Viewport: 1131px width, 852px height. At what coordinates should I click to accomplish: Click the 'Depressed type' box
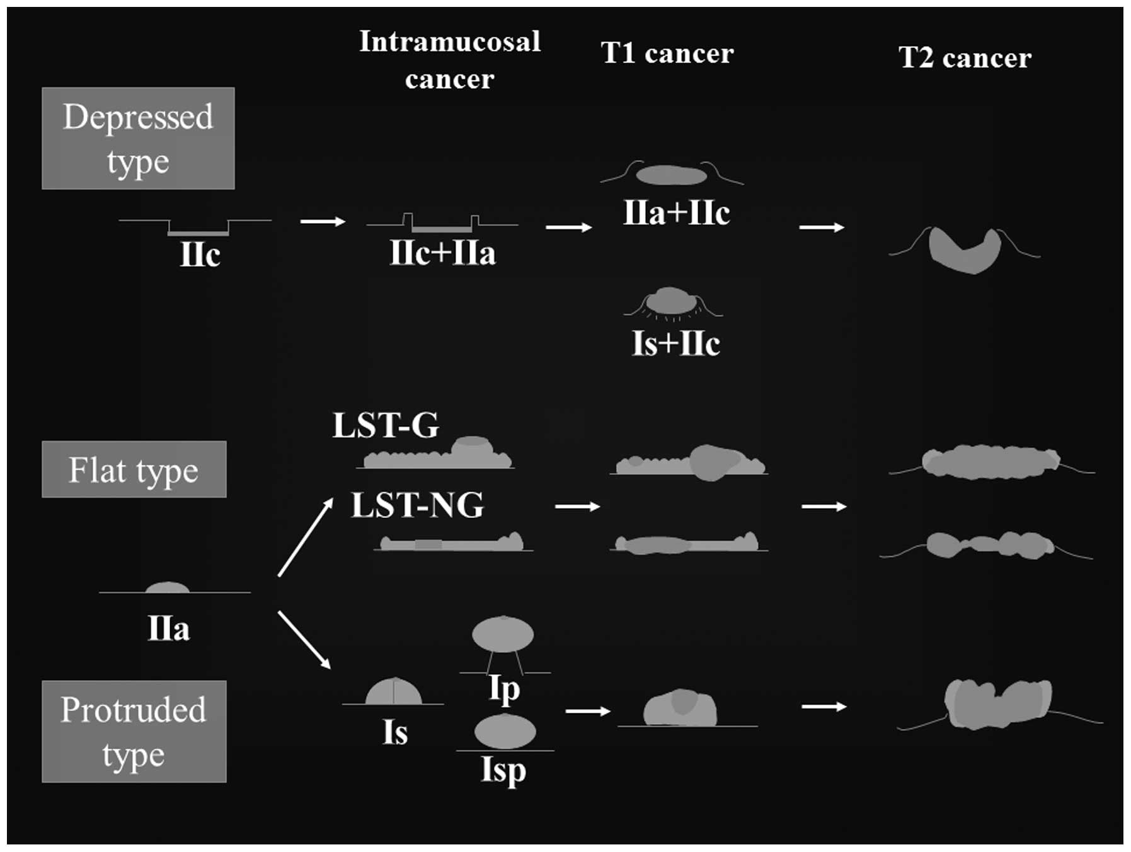(x=138, y=138)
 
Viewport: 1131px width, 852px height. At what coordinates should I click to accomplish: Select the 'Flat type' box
(x=134, y=469)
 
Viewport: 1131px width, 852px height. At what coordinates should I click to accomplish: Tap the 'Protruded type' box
(x=134, y=731)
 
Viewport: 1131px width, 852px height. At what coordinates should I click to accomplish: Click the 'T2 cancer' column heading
(x=965, y=58)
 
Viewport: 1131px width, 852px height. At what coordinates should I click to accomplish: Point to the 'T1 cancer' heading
(x=667, y=54)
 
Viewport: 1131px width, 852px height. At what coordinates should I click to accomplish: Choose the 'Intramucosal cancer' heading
(x=450, y=60)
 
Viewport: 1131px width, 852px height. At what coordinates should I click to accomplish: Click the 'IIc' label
(x=200, y=255)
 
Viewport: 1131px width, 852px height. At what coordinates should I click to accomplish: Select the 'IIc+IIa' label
(x=442, y=253)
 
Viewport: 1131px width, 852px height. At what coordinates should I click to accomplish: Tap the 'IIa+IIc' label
(x=676, y=213)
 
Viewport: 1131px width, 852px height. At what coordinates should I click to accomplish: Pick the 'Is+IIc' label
(x=675, y=344)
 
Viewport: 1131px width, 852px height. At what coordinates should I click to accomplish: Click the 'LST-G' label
(x=386, y=425)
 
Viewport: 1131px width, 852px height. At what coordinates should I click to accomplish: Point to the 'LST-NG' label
(x=417, y=505)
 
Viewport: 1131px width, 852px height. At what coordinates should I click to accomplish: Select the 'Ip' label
(x=504, y=689)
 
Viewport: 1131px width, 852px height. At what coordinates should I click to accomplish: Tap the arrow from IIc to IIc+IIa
(x=323, y=221)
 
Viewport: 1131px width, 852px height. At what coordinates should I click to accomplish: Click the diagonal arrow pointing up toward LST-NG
(x=306, y=536)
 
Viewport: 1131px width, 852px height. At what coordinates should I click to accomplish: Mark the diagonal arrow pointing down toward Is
(x=304, y=639)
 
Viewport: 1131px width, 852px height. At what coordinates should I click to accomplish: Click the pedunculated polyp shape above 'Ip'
(x=503, y=635)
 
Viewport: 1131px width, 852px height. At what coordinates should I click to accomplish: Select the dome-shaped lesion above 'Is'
(x=394, y=692)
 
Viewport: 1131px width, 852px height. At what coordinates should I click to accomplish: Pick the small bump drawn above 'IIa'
(x=167, y=587)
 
